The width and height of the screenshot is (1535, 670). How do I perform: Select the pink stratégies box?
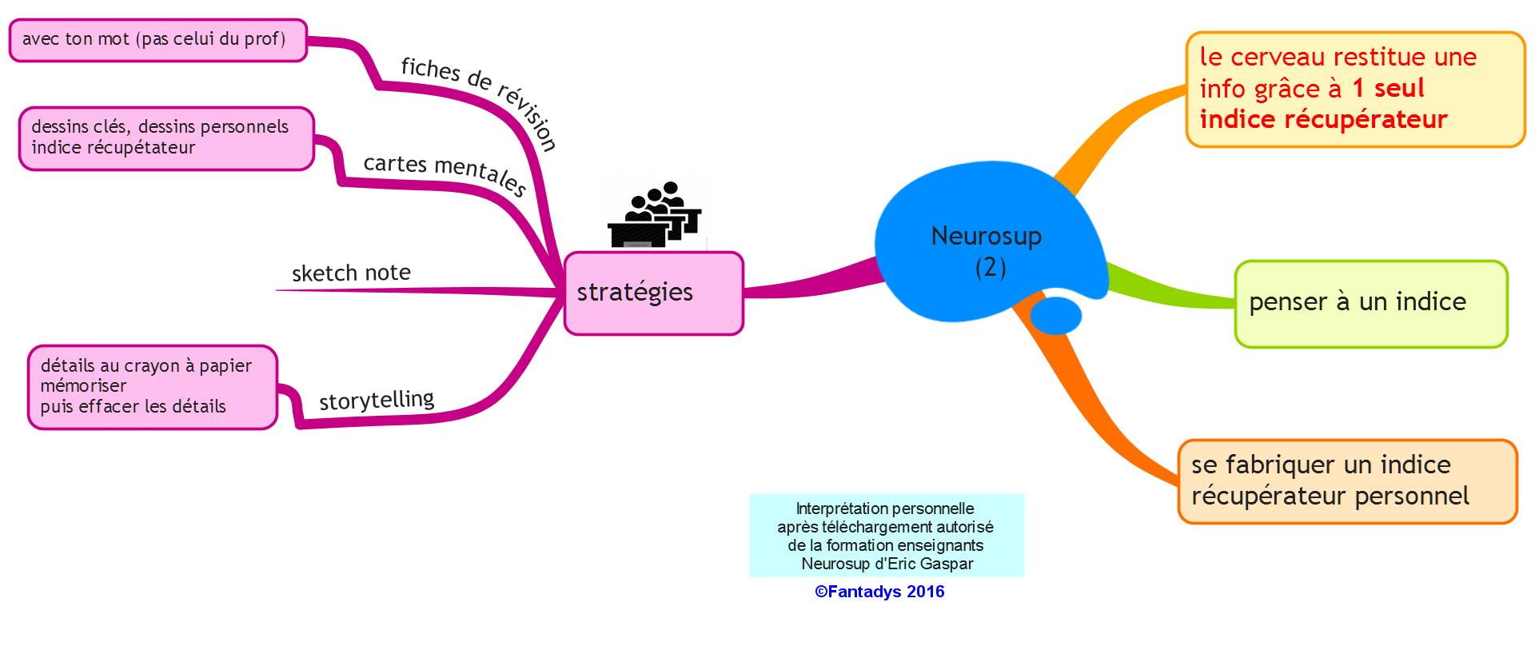(x=653, y=293)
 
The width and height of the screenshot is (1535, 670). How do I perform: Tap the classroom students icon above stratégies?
(x=656, y=214)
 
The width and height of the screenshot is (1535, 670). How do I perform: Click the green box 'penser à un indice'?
(x=1370, y=303)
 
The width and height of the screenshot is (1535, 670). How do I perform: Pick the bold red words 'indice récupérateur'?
(x=1323, y=120)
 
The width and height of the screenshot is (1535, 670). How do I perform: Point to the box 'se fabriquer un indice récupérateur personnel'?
(x=1346, y=481)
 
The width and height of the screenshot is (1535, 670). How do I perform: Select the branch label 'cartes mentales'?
(x=445, y=174)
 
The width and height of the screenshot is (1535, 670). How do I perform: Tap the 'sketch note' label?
(x=351, y=273)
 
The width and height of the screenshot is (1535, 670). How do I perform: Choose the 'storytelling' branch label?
(x=377, y=399)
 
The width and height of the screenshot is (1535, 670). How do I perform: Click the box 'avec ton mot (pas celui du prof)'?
(x=157, y=40)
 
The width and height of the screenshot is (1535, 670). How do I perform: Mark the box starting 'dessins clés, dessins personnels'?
(x=166, y=138)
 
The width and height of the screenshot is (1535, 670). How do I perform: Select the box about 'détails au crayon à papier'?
(x=153, y=387)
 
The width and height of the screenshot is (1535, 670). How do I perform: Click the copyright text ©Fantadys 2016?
(x=879, y=592)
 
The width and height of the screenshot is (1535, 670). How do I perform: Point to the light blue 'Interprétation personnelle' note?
(x=886, y=534)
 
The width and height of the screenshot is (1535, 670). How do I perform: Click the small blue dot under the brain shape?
(x=1055, y=315)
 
